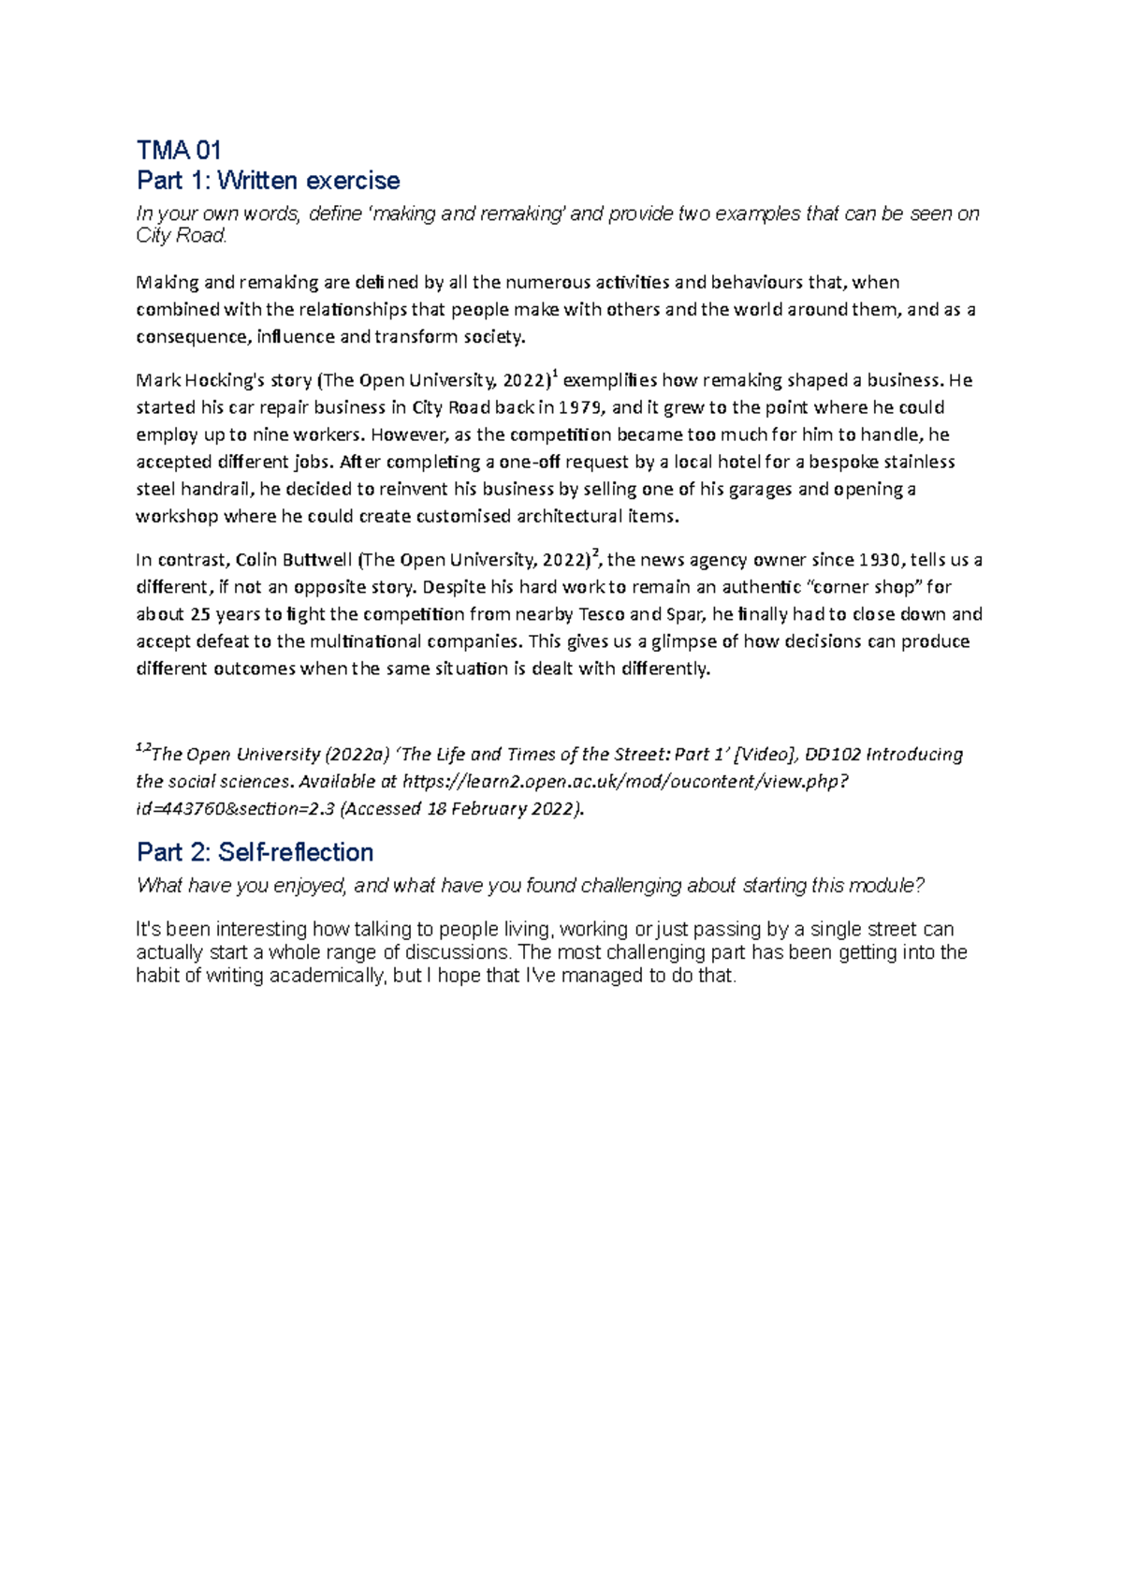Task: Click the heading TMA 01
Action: [179, 150]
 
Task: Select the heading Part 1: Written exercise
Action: [268, 180]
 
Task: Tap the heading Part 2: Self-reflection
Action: [255, 852]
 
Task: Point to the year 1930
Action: [880, 560]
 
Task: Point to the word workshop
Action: [176, 516]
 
